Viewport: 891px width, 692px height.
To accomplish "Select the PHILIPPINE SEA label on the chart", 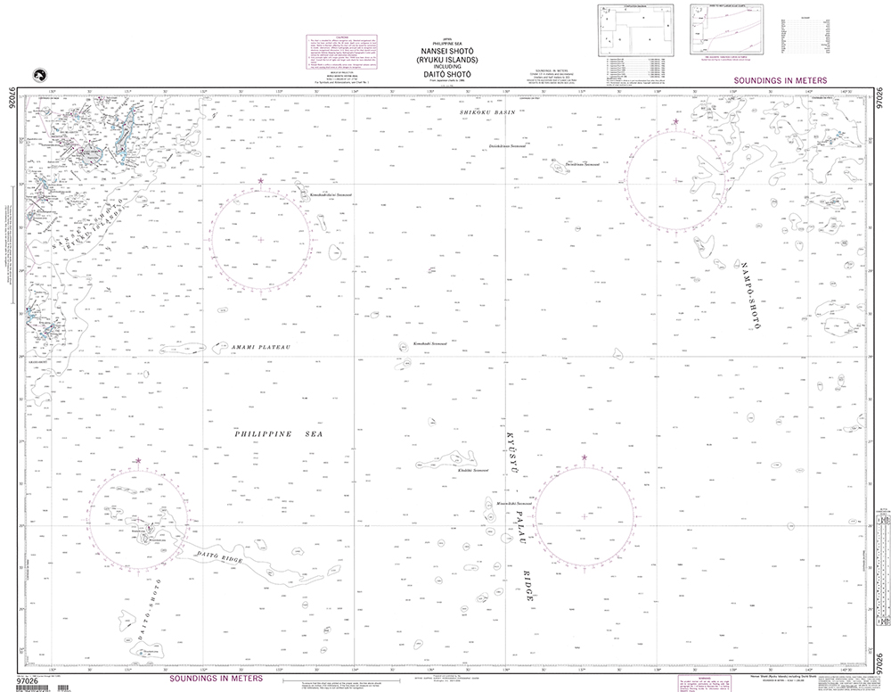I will (278, 433).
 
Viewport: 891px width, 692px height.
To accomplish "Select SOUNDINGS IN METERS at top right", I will (776, 81).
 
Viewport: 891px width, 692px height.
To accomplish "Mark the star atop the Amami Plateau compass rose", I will (260, 181).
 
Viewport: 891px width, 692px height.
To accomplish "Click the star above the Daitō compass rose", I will (137, 460).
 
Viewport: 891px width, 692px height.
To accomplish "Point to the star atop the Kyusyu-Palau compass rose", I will (584, 457).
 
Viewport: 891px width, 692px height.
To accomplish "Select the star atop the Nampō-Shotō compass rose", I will (675, 122).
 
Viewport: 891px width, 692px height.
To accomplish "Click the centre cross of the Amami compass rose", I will (260, 239).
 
